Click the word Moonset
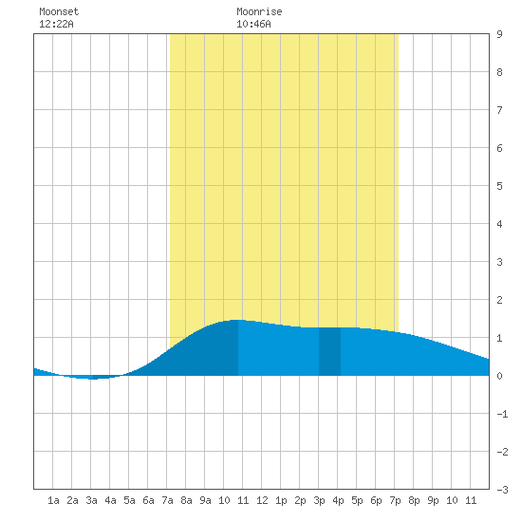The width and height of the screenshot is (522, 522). [59, 11]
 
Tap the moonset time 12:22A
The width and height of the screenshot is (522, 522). [56, 24]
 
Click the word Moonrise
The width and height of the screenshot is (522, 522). [259, 11]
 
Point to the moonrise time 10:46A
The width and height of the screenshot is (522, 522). [253, 24]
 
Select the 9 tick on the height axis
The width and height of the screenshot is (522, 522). [499, 34]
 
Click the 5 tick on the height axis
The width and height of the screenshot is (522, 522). [499, 186]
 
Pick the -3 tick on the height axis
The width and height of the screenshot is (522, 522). [502, 490]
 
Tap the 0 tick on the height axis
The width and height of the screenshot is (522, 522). [499, 376]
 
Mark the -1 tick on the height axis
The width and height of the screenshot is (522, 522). [502, 414]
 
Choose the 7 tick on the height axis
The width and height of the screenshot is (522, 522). [499, 110]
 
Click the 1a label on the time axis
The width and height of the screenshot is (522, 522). [53, 500]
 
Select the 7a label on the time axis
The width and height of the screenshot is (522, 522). [167, 500]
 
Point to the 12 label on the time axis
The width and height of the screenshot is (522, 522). [262, 500]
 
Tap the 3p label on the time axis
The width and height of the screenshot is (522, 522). [319, 500]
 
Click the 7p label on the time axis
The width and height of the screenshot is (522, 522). [395, 500]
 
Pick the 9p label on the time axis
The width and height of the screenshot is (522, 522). [433, 500]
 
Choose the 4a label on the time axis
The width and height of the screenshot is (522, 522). [110, 500]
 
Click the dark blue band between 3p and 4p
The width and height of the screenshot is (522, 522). [329, 351]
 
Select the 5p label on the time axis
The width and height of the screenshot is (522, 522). [357, 500]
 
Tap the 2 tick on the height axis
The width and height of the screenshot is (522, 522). [499, 300]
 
